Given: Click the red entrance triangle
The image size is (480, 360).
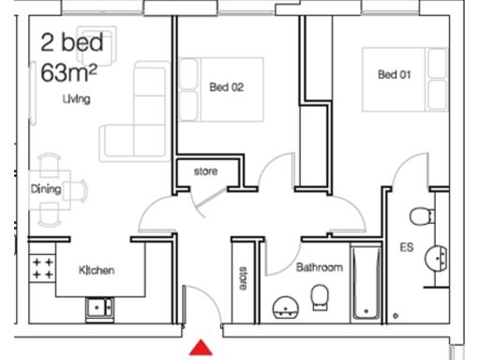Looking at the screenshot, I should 199,349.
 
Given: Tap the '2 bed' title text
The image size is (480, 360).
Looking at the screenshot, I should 72,43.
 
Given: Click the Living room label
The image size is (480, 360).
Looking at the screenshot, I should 76,98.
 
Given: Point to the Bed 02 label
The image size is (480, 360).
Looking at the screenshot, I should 226,88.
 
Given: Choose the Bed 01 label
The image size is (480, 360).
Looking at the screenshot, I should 395,75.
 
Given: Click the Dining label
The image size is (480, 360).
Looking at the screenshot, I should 46,189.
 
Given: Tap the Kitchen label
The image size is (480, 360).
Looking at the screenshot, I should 96,271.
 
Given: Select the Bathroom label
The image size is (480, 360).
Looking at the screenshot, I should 319,267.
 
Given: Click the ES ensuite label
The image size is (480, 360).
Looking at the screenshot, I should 407,248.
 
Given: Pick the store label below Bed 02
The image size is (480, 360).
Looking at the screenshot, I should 205,172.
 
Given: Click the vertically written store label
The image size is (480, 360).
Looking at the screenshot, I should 243,278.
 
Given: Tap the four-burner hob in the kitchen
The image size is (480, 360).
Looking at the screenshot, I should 42,270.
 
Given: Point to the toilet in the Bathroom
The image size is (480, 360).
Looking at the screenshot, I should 320,297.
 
